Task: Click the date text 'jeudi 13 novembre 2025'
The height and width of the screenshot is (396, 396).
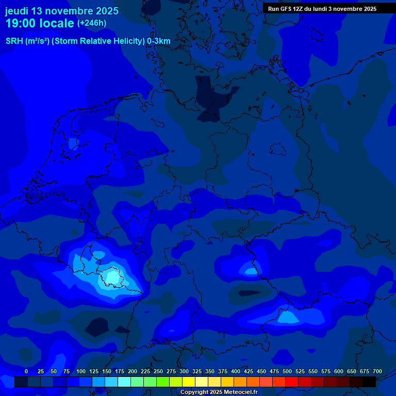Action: pyautogui.click(x=61, y=11)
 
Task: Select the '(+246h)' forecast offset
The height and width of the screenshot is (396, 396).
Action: pyautogui.click(x=92, y=23)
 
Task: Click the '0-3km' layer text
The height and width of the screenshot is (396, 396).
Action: pyautogui.click(x=159, y=41)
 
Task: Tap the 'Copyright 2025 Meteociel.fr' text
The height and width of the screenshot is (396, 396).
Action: pyautogui.click(x=219, y=392)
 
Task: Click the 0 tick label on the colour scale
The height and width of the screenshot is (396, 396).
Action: pyautogui.click(x=26, y=372)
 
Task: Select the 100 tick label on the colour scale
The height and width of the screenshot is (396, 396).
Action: pyautogui.click(x=81, y=372)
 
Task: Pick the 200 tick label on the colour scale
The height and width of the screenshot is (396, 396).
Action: pyautogui.click(x=133, y=372)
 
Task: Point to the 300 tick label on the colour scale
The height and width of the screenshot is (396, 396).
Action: pyautogui.click(x=184, y=372)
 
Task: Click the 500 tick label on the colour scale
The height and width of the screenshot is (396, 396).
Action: pyautogui.click(x=287, y=372)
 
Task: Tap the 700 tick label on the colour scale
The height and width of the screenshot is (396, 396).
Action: pyautogui.click(x=377, y=372)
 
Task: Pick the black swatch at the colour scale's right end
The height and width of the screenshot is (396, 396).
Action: pyautogui.click(x=369, y=382)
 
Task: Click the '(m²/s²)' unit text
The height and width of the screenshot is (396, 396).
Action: pyautogui.click(x=38, y=41)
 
